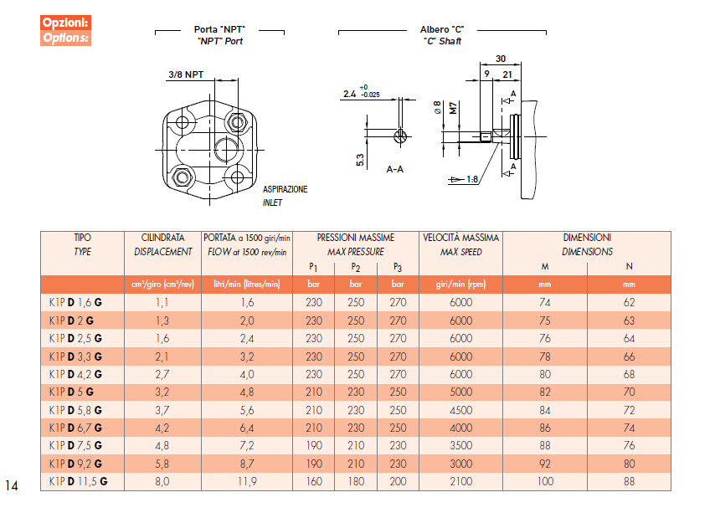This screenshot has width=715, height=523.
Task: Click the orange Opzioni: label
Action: point(65,23)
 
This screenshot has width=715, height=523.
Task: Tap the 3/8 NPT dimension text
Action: point(186,74)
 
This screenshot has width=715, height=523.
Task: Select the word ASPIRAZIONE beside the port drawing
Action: point(285,189)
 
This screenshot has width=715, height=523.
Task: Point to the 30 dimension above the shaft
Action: point(501,59)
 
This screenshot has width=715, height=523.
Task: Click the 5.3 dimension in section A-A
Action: point(360,160)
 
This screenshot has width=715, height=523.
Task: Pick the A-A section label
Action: point(395,170)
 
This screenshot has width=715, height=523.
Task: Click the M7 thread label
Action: point(453,108)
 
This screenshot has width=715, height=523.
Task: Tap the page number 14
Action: point(12,485)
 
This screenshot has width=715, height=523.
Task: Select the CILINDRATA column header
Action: point(162,238)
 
